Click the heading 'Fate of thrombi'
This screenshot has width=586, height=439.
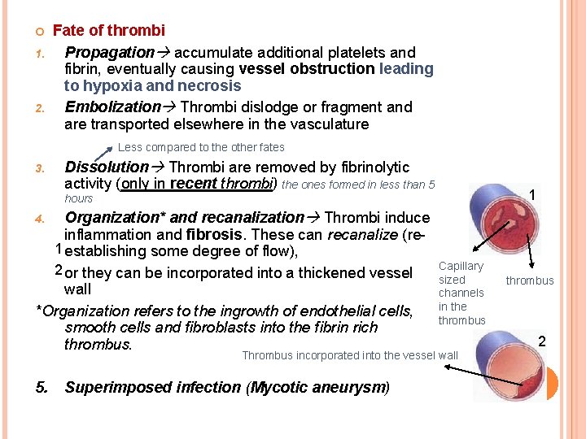109,31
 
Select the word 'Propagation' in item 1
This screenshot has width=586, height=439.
109,52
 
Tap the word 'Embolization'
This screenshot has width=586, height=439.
112,106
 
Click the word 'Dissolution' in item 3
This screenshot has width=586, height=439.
107,167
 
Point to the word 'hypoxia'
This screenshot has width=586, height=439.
110,86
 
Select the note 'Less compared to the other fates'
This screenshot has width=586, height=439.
201,147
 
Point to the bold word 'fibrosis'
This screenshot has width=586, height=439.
213,235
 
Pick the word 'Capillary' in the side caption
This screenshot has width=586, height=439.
461,266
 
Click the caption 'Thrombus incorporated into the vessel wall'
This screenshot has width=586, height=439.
350,355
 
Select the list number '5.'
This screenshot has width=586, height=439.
42,387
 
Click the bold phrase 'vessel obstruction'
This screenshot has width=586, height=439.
307,69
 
